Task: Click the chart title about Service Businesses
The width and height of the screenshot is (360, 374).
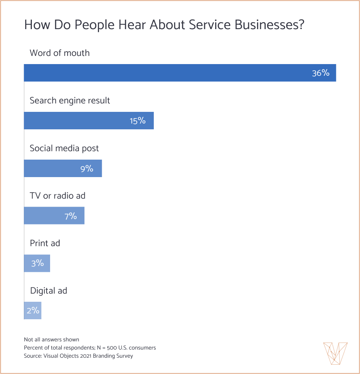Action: (x=164, y=25)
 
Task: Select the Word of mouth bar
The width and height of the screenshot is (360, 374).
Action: (x=180, y=73)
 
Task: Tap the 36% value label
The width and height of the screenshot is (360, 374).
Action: (x=320, y=73)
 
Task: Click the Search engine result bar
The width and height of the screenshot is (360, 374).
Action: (x=89, y=121)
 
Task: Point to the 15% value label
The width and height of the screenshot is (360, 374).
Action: (x=137, y=121)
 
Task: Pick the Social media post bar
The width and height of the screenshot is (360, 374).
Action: (x=63, y=169)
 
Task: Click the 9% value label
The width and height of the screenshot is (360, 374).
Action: (x=87, y=169)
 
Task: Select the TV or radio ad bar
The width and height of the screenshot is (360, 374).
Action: (x=54, y=216)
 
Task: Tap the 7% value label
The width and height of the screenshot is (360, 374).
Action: (x=71, y=216)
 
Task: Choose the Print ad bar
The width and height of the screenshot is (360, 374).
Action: (x=37, y=263)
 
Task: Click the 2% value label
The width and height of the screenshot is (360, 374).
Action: (x=33, y=311)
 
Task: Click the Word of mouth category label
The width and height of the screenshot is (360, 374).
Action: (x=59, y=53)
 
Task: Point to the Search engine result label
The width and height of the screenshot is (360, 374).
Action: (x=70, y=101)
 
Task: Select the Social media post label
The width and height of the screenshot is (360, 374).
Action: (x=64, y=148)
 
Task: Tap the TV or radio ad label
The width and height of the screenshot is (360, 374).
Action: (x=57, y=196)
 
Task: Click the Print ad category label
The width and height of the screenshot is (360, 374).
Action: (x=45, y=244)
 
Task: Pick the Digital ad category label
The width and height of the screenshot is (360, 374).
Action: (x=49, y=291)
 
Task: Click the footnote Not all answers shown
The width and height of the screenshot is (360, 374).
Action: (x=51, y=339)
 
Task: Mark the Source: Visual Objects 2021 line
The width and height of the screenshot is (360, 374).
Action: (x=78, y=356)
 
